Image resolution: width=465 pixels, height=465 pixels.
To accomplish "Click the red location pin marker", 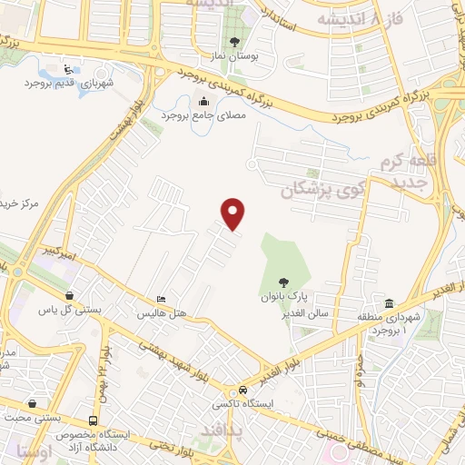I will coord(234,213).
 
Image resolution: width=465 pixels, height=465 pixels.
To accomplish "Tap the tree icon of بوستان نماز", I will coord(235,42).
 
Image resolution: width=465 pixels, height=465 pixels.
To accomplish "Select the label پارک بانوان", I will coord(286,297).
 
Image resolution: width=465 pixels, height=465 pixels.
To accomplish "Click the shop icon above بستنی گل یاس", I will coord(71,294).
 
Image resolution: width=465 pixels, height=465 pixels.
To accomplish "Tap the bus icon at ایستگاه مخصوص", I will coord(94,420).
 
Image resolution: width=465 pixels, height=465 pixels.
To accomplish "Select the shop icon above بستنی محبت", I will coord(33,402).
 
